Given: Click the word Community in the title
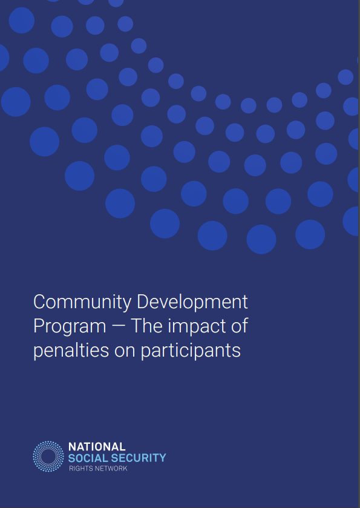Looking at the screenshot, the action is point(82,303).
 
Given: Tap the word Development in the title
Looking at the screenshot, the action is point(192,303).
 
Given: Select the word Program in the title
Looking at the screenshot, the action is point(70,327).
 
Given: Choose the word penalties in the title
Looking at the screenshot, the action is point(71,351).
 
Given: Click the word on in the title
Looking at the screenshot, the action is point(124,352).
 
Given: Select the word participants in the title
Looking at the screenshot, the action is point(191,351).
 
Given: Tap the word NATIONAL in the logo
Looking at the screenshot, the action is point(97,447).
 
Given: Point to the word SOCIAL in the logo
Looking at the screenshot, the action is point(88,458).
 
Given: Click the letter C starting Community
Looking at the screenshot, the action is point(39,302).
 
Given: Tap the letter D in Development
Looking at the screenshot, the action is point(143,302).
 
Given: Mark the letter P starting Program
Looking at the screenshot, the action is point(39,326).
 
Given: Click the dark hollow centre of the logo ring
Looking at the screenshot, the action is point(48,456).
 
